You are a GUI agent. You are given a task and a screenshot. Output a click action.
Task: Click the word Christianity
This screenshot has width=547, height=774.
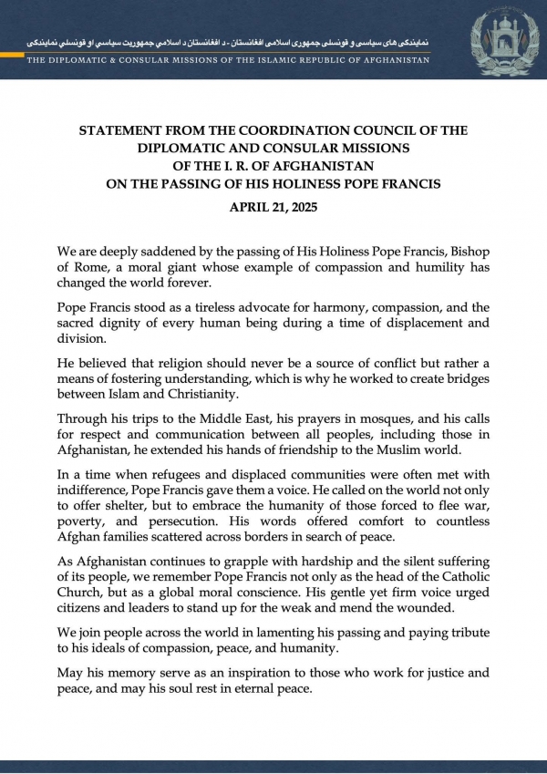[x=219, y=394]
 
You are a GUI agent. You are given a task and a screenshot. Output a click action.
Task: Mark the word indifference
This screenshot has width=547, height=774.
[x=98, y=494]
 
